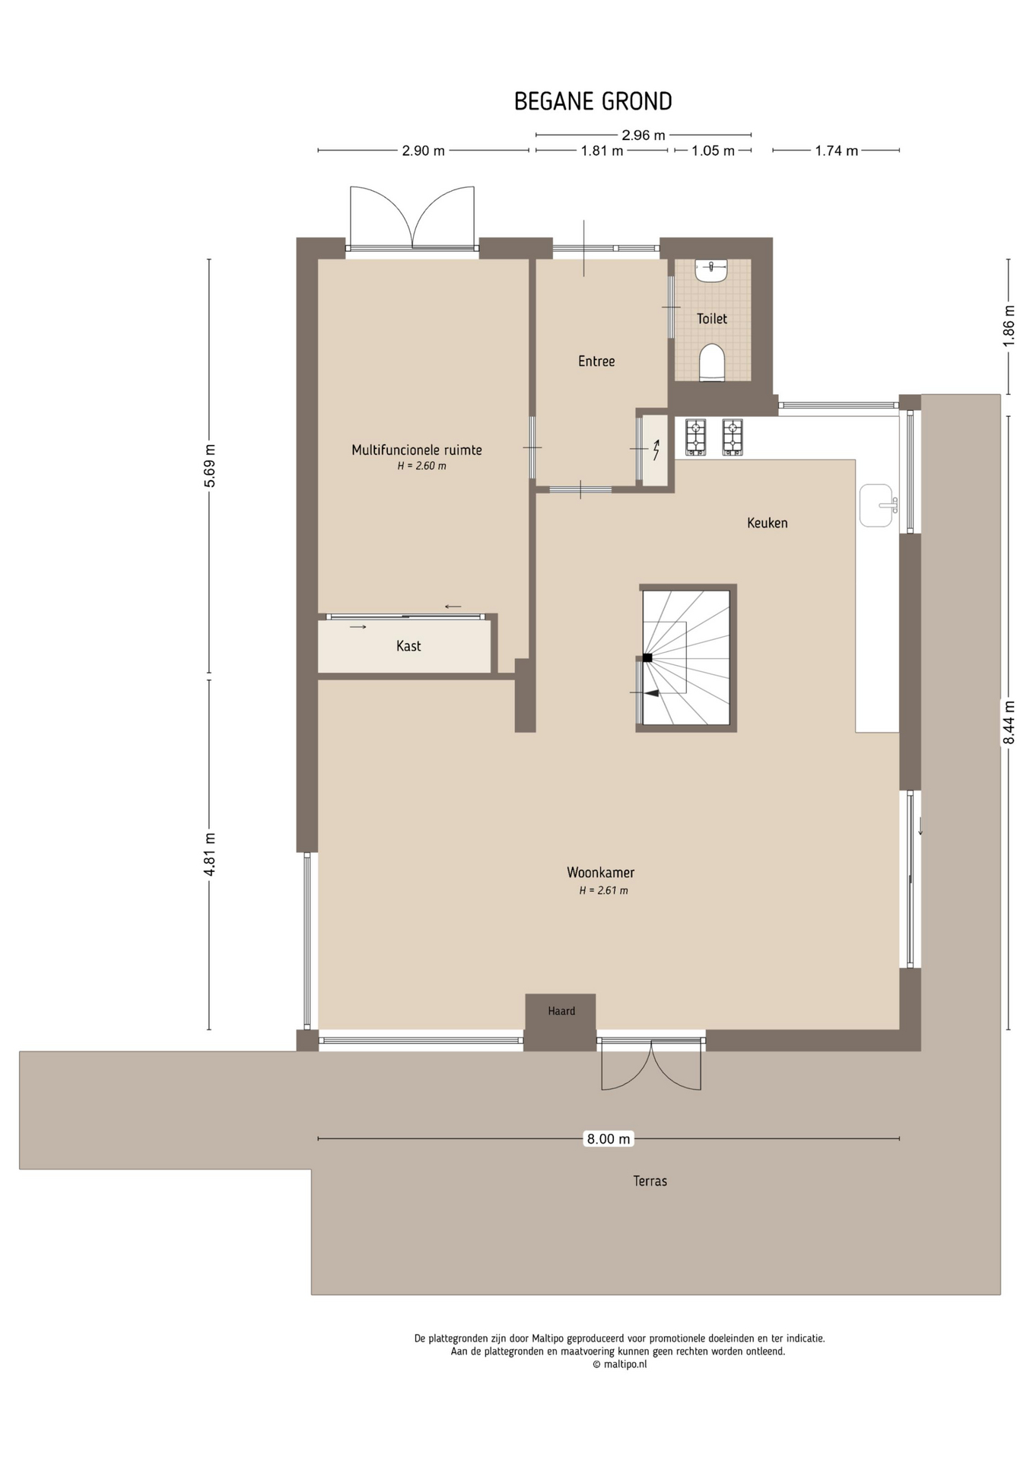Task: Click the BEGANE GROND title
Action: pos(593,101)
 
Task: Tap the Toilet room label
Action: pos(712,319)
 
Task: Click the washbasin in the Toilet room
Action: pos(711,271)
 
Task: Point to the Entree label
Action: pos(596,361)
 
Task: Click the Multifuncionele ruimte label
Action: pos(417,450)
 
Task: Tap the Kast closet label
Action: pos(408,646)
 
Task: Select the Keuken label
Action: pos(767,523)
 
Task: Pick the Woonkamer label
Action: pos(600,873)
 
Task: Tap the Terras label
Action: pos(650,1181)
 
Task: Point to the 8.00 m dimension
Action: pos(609,1139)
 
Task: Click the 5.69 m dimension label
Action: pos(211,466)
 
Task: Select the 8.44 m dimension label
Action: pos(1009,722)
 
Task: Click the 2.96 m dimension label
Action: pos(644,135)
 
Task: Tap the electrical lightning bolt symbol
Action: pos(656,450)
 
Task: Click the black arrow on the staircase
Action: pos(651,692)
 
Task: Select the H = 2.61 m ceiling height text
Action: pos(603,890)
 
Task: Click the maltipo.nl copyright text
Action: pos(620,1364)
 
